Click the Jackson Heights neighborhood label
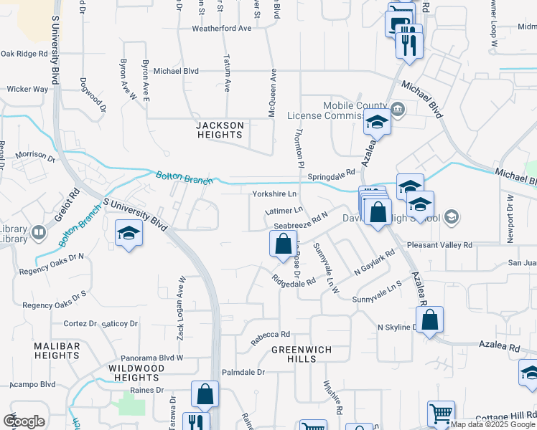coord(220,130)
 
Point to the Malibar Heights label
coord(57,350)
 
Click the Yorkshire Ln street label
coord(274,194)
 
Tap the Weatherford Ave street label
coord(221,29)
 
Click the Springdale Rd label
coord(331,175)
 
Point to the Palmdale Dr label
coord(243,373)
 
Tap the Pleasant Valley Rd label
coord(439,245)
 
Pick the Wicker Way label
coord(27,90)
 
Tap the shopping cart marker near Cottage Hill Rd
coord(441,414)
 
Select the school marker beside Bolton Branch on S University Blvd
coord(129,234)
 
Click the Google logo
coord(24,421)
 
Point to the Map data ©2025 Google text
coord(493,424)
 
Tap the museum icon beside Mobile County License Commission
coord(398,110)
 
